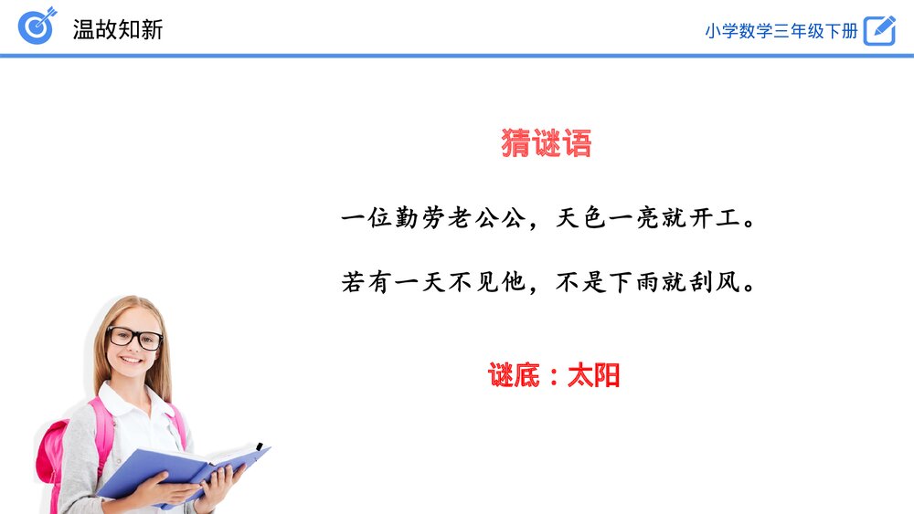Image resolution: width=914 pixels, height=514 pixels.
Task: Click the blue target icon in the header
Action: [x=37, y=26]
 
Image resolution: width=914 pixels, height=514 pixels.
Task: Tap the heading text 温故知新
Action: [x=118, y=30]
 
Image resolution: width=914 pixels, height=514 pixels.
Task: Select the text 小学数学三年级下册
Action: [x=781, y=31]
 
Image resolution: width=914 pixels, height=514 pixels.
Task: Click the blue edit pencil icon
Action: [x=879, y=30]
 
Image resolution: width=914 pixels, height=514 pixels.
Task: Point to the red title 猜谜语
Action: [x=547, y=143]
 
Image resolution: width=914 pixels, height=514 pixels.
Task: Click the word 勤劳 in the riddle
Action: [x=420, y=218]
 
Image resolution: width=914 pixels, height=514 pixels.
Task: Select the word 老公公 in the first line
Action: [x=487, y=218]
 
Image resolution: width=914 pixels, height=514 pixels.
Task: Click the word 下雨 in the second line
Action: [x=633, y=282]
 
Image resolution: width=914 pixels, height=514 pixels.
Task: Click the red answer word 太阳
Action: [x=593, y=375]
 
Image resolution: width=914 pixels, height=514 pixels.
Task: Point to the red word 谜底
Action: [x=514, y=375]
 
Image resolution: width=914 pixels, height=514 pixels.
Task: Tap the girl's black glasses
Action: [x=134, y=338]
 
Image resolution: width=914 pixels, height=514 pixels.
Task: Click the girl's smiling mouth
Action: [x=131, y=360]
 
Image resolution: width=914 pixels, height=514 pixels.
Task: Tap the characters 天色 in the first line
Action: [x=580, y=218]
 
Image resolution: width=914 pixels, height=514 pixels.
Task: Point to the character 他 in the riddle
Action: [x=514, y=282]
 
